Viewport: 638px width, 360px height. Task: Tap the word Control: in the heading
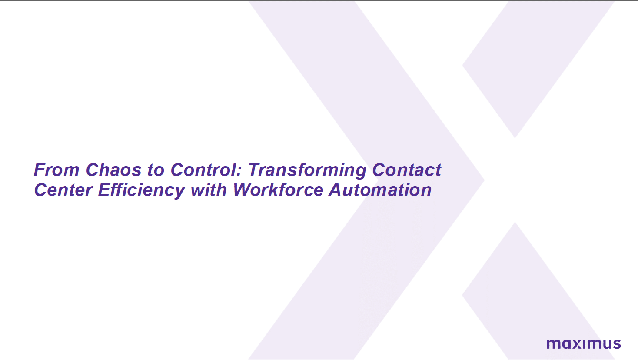coord(206,170)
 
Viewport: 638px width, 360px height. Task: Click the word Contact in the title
coord(407,170)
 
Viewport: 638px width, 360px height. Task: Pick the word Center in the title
coord(63,190)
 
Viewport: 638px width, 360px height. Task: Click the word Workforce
coord(278,190)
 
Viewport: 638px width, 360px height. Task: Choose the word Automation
coord(380,190)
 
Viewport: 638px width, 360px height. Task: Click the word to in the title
coord(156,170)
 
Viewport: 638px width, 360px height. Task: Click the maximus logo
coord(584,343)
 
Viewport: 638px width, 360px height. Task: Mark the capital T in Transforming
coord(254,170)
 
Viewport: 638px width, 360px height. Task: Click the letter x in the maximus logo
coord(574,344)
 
